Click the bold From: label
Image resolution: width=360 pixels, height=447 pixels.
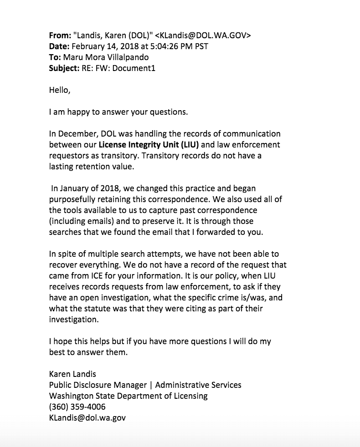coord(59,36)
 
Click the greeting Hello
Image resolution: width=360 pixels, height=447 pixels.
coord(59,90)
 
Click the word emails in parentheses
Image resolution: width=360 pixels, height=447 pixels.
coord(98,221)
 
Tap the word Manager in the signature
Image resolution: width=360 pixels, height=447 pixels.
coord(126,385)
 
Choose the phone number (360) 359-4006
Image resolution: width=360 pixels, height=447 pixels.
coord(77,407)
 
